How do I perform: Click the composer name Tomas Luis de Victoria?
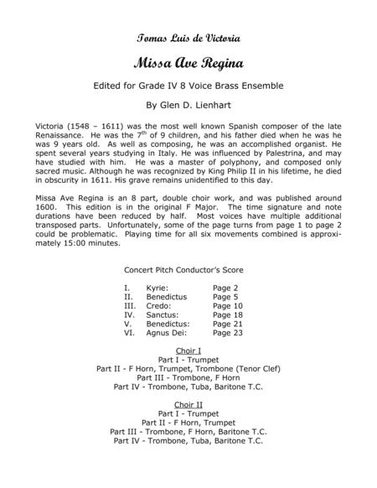[x=188, y=39]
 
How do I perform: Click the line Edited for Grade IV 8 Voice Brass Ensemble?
[x=188, y=86]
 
